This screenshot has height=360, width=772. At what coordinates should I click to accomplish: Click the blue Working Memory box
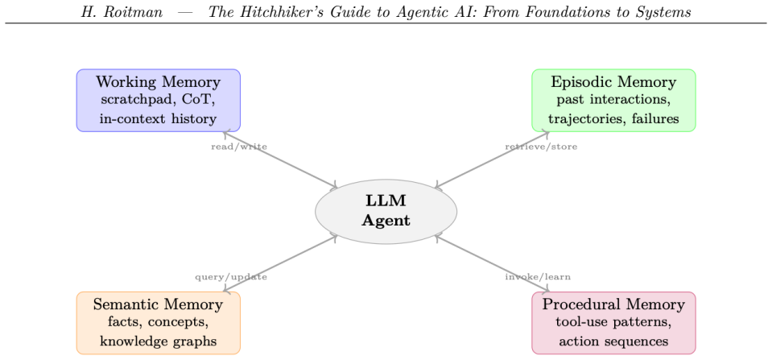(x=158, y=101)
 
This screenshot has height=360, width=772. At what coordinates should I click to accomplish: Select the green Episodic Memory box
(x=613, y=101)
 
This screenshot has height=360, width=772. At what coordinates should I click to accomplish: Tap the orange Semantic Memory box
(x=158, y=323)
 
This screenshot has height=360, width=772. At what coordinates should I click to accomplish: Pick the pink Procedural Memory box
(x=613, y=323)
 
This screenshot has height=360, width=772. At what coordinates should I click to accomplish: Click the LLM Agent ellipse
(x=386, y=211)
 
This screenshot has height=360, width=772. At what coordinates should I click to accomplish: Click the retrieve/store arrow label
(x=541, y=147)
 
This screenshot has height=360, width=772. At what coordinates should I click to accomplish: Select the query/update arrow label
(x=231, y=277)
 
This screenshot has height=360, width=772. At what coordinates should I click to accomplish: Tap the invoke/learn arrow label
(x=538, y=277)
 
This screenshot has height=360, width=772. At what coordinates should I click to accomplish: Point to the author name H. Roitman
(x=122, y=12)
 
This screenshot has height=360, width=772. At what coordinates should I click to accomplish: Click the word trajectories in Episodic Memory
(x=579, y=118)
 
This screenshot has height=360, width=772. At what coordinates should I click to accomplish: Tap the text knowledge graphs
(x=158, y=341)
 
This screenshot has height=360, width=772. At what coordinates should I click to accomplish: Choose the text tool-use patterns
(x=613, y=323)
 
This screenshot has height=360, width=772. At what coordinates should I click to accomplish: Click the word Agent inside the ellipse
(x=386, y=221)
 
